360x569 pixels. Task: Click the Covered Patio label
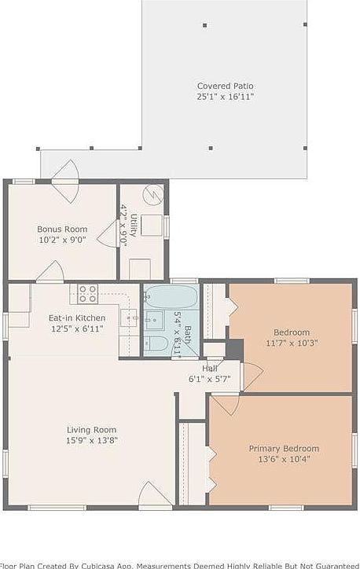pos(225,86)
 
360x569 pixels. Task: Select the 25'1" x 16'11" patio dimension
pos(225,97)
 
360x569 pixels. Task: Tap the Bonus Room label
pos(62,229)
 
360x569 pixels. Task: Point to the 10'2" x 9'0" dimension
pos(62,240)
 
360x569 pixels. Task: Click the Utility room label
pos(134,226)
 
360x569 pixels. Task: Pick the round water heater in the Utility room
pos(152,194)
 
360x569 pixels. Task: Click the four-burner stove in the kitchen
pos(87,294)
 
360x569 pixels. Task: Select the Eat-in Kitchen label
pos(72,318)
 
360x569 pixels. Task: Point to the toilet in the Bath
pos(155,343)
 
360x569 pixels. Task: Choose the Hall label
pos(209,368)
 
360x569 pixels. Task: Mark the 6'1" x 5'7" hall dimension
pos(209,379)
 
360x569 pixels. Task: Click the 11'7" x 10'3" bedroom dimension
pos(291,343)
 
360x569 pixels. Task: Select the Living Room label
pos(91,430)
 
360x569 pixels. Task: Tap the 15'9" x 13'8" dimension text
pos(91,441)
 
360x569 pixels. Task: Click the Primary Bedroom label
pos(284,448)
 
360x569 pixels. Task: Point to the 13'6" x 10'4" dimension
pos(284,459)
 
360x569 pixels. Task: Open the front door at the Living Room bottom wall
pos(155,496)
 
